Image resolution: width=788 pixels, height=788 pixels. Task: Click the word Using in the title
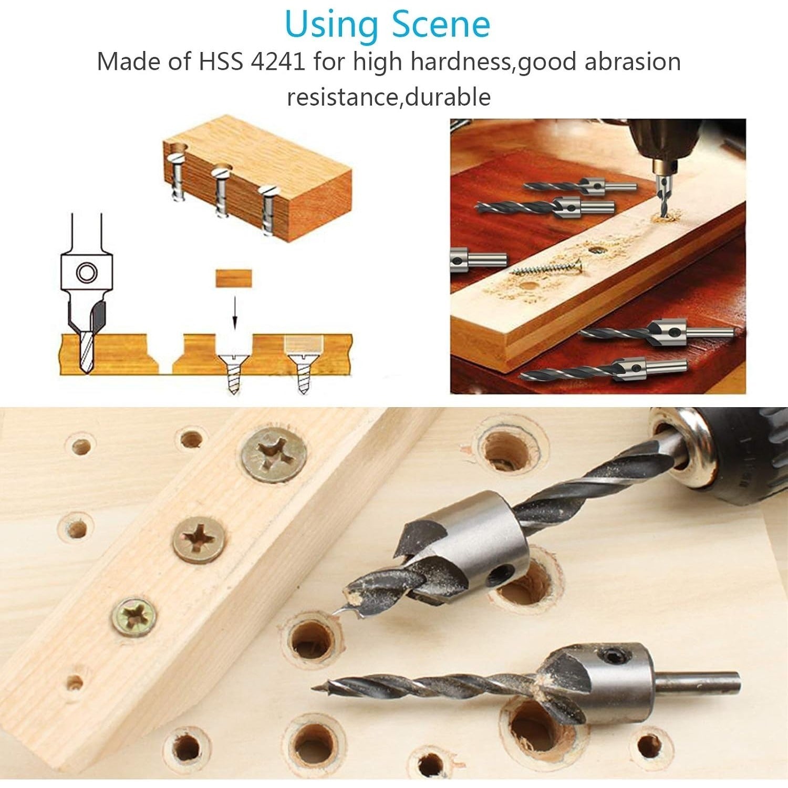coord(332,25)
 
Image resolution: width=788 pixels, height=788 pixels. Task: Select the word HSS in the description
coord(221,62)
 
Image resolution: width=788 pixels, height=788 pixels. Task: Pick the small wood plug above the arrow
coord(234,278)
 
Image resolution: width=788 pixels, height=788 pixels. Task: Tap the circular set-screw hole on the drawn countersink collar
coord(86,273)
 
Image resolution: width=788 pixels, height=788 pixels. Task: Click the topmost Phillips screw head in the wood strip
coord(274,455)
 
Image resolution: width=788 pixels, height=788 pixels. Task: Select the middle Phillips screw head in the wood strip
coord(200,540)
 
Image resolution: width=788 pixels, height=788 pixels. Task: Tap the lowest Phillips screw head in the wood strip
coord(134,617)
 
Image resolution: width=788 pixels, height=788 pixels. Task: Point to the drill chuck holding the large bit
coord(725,452)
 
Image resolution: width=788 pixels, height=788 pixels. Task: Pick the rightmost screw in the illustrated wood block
coord(269,210)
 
